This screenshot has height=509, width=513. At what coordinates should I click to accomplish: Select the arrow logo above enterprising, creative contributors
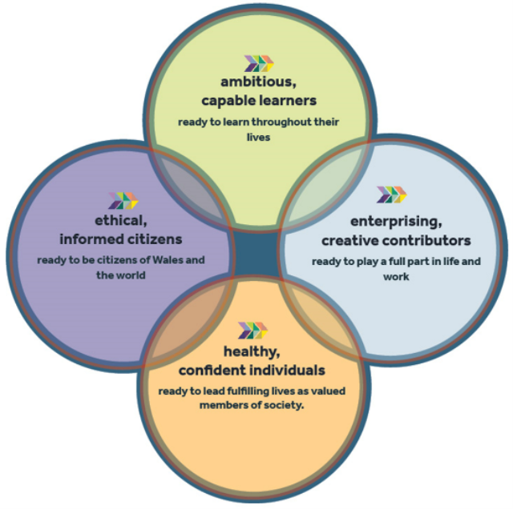tap(392, 194)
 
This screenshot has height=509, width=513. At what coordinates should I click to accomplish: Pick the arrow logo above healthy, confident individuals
tap(253, 330)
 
